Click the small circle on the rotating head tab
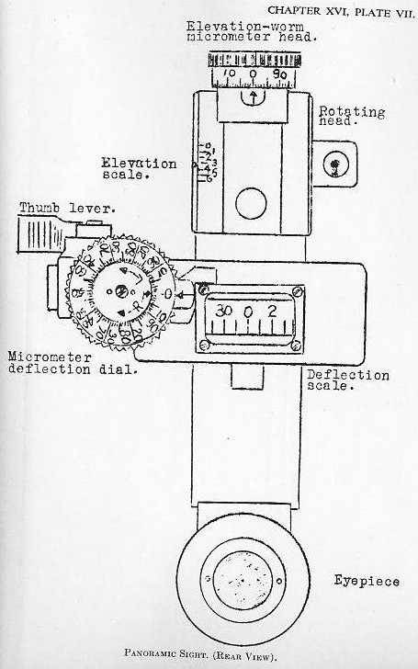339,166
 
